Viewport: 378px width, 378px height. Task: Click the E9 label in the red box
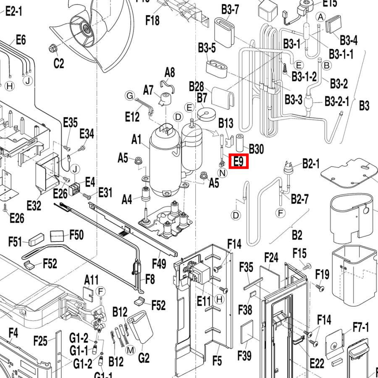(x=239, y=161)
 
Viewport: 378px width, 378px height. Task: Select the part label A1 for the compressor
(x=136, y=140)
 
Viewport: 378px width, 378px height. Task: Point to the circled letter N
(x=222, y=172)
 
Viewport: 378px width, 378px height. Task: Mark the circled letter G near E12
(x=130, y=96)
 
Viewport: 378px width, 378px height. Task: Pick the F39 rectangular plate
(x=247, y=331)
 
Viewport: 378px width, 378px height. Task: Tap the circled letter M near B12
(x=130, y=350)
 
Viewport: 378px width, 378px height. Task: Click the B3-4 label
(x=349, y=40)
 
